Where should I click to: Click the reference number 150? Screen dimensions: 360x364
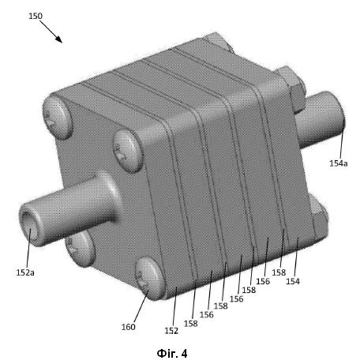[36, 16]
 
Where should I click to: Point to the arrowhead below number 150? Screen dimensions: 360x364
[60, 39]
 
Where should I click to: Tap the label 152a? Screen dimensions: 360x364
[25, 272]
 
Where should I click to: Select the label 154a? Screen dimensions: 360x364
[339, 163]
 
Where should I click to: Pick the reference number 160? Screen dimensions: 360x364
[128, 327]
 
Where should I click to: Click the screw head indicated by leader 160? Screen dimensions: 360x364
[149, 278]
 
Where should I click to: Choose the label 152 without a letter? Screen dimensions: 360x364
[171, 331]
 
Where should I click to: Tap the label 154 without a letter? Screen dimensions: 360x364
[293, 281]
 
